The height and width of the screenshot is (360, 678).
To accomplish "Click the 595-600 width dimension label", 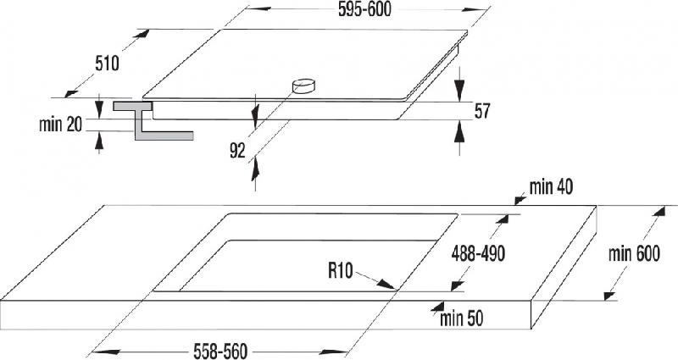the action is (x=364, y=9).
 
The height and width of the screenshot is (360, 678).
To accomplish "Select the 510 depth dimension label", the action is (x=107, y=64).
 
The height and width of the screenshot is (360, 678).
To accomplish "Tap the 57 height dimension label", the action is (x=482, y=111).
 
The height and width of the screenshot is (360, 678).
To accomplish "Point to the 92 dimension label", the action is (x=237, y=151).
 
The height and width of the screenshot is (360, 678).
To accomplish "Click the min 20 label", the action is (x=60, y=125).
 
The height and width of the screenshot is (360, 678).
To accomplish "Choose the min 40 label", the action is (x=552, y=187).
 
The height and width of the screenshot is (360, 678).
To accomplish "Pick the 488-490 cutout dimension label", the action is (x=478, y=253).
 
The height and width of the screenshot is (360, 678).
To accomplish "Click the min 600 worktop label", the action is (x=634, y=253).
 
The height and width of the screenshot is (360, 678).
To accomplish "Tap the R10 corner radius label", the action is (x=341, y=271).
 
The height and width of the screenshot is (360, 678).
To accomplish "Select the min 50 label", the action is (x=461, y=319).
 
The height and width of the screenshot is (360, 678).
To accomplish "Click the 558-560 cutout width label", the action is (x=220, y=351).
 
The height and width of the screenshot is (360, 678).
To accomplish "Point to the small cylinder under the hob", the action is (x=304, y=86).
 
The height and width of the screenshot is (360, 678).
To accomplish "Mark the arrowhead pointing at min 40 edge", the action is (x=520, y=200).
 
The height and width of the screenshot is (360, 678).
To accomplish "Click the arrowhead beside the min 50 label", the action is (x=437, y=307).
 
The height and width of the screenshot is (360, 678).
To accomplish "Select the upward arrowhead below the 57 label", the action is (x=459, y=131).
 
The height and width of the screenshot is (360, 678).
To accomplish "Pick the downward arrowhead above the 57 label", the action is (x=459, y=91).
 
